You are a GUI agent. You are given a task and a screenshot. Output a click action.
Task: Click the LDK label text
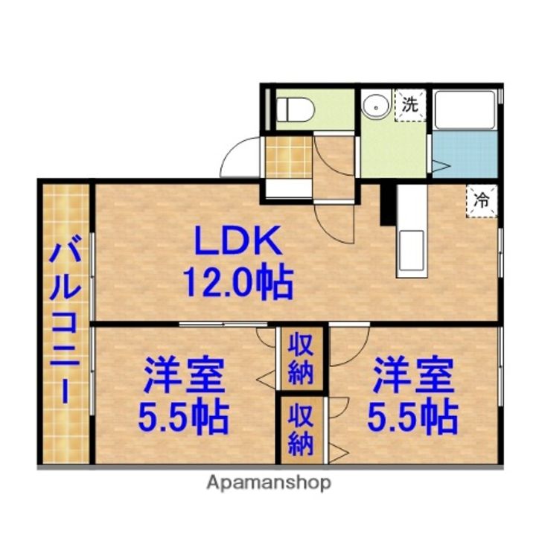point(238,240)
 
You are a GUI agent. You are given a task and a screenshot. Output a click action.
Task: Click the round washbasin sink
point(375,107)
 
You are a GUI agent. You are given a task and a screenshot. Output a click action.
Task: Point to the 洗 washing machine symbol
point(410,105)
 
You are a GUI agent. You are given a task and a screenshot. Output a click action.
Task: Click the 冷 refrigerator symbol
point(482,201)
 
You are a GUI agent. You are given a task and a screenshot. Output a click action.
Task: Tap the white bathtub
point(465,110)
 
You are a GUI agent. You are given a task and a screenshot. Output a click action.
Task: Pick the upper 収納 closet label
point(301,359)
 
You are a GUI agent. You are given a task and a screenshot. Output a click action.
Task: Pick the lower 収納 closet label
point(301,431)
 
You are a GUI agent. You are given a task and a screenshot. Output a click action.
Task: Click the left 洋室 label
point(184,375)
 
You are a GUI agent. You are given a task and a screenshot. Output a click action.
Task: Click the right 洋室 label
point(413,375)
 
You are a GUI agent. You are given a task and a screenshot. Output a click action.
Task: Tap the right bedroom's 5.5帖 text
point(412,418)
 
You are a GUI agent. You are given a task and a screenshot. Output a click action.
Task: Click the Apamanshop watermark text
point(269,483)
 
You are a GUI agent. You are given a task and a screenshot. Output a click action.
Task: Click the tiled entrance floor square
point(289,157)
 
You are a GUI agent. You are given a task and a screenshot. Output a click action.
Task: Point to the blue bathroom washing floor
point(465,155)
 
